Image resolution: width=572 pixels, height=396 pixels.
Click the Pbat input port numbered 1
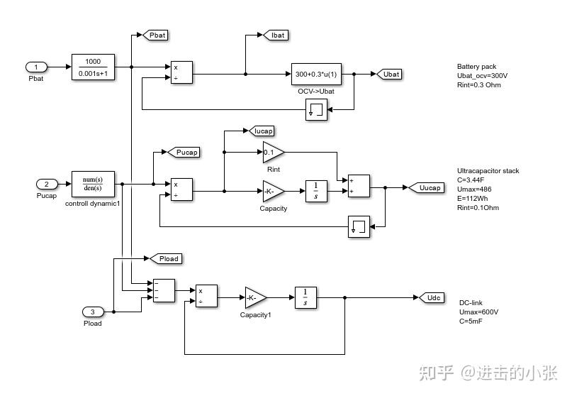tap(37, 67)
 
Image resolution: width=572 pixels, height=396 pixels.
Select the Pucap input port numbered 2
tap(47, 184)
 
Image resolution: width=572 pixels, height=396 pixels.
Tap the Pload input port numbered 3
tap(93, 312)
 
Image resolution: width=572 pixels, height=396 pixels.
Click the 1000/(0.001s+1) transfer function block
tap(93, 67)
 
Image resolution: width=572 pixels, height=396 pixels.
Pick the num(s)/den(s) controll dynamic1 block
tap(93, 184)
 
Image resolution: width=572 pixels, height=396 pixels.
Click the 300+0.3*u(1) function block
tap(316, 74)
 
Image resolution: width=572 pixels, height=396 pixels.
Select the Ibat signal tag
tap(276, 35)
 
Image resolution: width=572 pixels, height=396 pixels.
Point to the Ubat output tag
tap(389, 74)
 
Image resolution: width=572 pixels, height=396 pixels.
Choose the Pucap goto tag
tap(186, 152)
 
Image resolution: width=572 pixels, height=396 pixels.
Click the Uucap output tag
tap(429, 187)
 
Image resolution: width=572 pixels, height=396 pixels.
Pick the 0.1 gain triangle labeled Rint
tap(272, 152)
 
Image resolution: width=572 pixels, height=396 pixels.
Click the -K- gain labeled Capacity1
tap(254, 297)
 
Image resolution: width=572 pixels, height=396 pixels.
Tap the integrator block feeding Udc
tap(305, 297)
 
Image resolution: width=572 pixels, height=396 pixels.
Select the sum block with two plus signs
tap(359, 186)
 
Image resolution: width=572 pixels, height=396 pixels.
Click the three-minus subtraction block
tap(164, 290)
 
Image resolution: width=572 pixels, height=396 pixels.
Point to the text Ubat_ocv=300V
tap(483, 76)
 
